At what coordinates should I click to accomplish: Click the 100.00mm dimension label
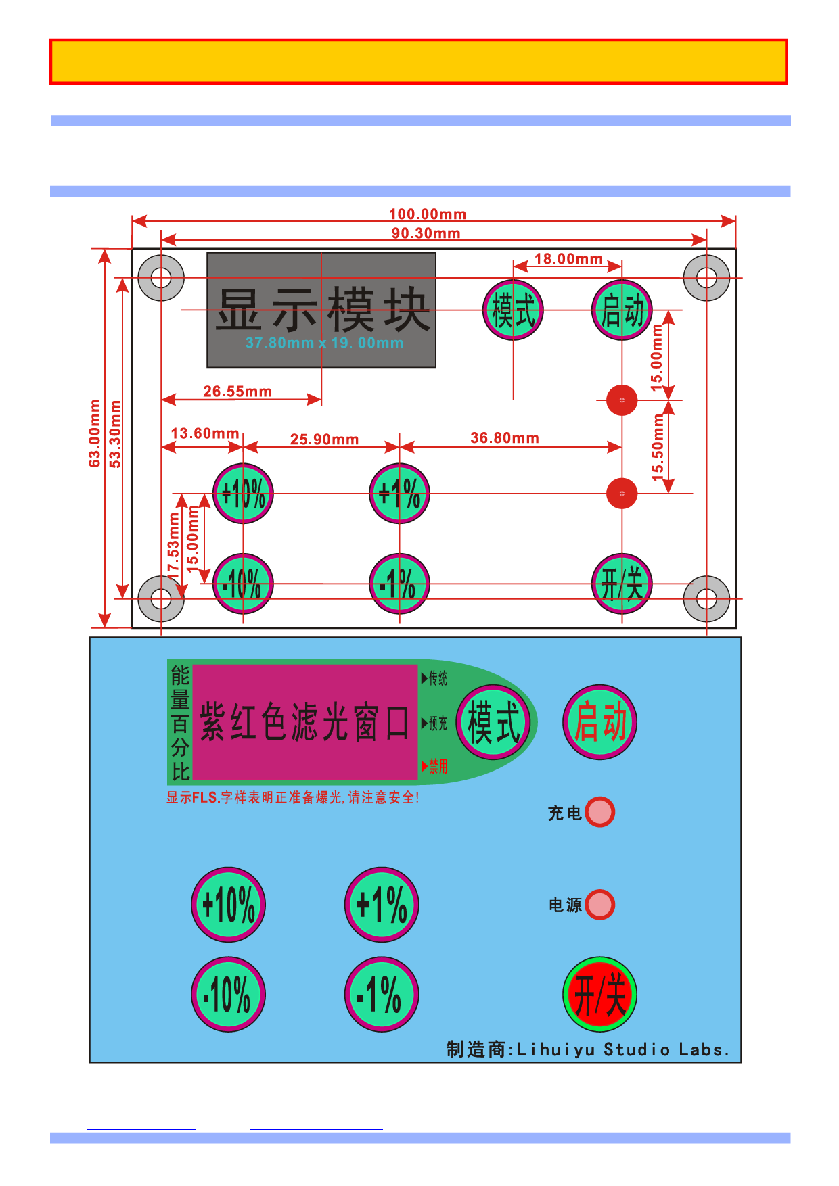pyautogui.click(x=428, y=214)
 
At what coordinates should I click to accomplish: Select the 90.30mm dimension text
pyautogui.click(x=426, y=233)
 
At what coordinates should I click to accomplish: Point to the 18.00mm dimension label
pyautogui.click(x=568, y=259)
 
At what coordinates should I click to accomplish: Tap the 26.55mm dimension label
pyautogui.click(x=237, y=392)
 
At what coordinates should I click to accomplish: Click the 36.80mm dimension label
pyautogui.click(x=505, y=438)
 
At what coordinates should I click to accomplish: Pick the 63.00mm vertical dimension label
pyautogui.click(x=95, y=433)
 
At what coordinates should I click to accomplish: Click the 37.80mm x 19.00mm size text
pyautogui.click(x=324, y=343)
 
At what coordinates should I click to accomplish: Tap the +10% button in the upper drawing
pyautogui.click(x=243, y=494)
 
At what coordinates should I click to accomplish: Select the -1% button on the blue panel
pyautogui.click(x=382, y=994)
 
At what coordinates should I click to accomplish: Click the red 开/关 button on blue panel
pyautogui.click(x=599, y=994)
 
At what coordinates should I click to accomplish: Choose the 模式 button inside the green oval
pyautogui.click(x=494, y=722)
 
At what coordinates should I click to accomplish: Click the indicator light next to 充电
pyautogui.click(x=599, y=812)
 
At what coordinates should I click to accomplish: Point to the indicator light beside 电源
pyautogui.click(x=599, y=905)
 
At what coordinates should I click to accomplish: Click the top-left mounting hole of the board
pyautogui.click(x=161, y=278)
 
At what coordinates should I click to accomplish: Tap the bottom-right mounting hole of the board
pyautogui.click(x=706, y=599)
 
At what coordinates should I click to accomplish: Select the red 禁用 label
pyautogui.click(x=438, y=766)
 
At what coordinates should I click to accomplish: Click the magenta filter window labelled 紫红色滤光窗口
pyautogui.click(x=305, y=721)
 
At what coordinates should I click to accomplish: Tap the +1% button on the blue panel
pyautogui.click(x=382, y=905)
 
